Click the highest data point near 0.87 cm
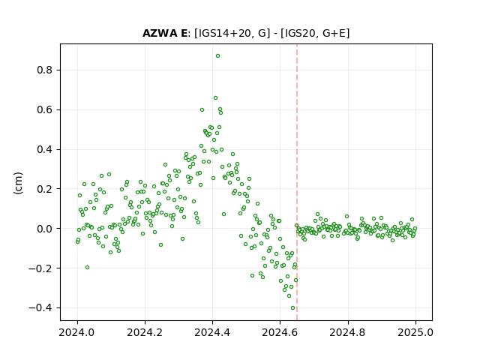pos(217,56)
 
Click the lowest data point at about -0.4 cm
pos(293,308)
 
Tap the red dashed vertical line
pos(297,182)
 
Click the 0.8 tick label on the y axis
pos(45,70)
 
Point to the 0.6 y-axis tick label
pos(45,109)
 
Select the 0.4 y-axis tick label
pos(45,149)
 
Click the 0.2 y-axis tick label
pos(45,189)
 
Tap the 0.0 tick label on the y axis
pos(45,229)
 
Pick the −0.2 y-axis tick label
pos(40,268)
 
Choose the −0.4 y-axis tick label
pos(40,307)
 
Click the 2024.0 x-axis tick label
pos(77,332)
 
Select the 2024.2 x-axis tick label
pos(145,332)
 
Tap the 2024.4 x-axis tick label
pos(212,332)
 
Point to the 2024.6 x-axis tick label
pos(280,332)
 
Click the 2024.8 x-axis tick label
pos(348,332)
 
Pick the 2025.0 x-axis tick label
pos(415,332)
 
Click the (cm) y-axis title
pos(18,183)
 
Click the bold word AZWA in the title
pos(159,33)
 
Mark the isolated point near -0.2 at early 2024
pos(87,268)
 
